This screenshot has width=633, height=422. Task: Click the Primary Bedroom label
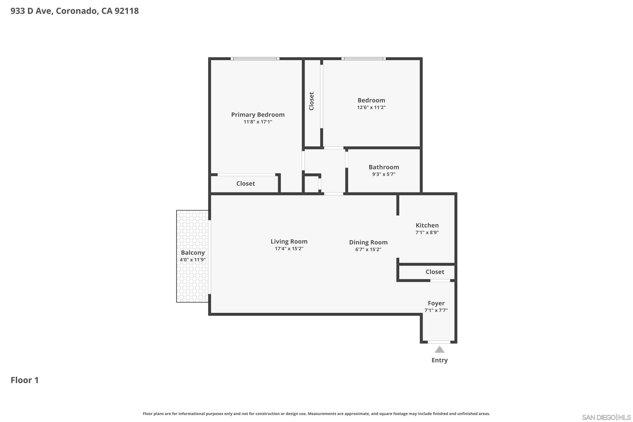(x=258, y=115)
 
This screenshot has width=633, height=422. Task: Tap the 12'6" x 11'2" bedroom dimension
(x=371, y=107)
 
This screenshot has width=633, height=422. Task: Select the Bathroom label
(x=384, y=167)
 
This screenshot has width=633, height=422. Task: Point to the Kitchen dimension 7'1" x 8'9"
(x=427, y=233)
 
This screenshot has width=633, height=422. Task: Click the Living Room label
(x=289, y=241)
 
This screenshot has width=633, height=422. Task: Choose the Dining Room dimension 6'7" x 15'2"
(x=368, y=249)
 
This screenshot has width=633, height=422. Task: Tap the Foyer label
(x=436, y=303)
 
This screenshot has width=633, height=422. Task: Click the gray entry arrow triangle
(x=439, y=350)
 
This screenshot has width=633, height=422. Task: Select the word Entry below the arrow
(x=439, y=360)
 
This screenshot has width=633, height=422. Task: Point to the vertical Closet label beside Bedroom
(x=311, y=101)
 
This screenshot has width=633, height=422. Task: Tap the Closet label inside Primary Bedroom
(x=245, y=184)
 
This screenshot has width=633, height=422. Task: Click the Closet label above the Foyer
(x=435, y=272)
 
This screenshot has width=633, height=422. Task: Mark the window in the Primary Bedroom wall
(x=255, y=58)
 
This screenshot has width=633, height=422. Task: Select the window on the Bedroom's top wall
(x=363, y=58)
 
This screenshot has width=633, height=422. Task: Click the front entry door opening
(x=439, y=342)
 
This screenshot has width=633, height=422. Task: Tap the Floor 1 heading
(x=24, y=380)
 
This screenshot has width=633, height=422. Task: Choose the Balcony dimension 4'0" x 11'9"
(x=193, y=260)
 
